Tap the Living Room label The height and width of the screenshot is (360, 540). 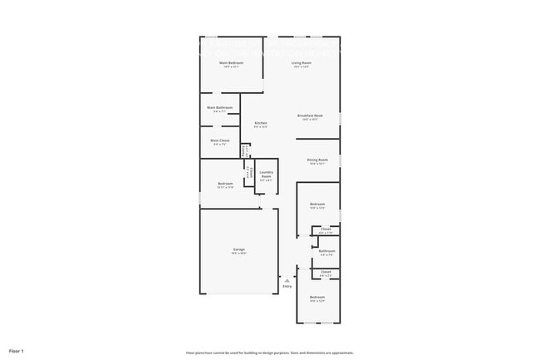pos(301,62)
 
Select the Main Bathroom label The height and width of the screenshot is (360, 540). pos(220,107)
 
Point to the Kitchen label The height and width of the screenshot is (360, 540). pos(260,123)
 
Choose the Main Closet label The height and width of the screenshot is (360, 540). pos(220,141)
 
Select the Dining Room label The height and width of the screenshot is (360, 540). pos(317,160)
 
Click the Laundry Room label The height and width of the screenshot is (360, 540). pos(266,175)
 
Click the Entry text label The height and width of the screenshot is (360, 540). pos(287,287)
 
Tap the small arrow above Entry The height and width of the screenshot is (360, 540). pos(287,281)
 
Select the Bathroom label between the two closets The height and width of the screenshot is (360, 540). pos(327,250)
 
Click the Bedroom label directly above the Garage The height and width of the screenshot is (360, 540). pos(225,183)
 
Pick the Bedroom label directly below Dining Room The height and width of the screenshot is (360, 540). pos(317,204)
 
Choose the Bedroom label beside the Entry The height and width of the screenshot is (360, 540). pos(317,297)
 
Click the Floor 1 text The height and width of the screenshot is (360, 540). pos(17,351)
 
